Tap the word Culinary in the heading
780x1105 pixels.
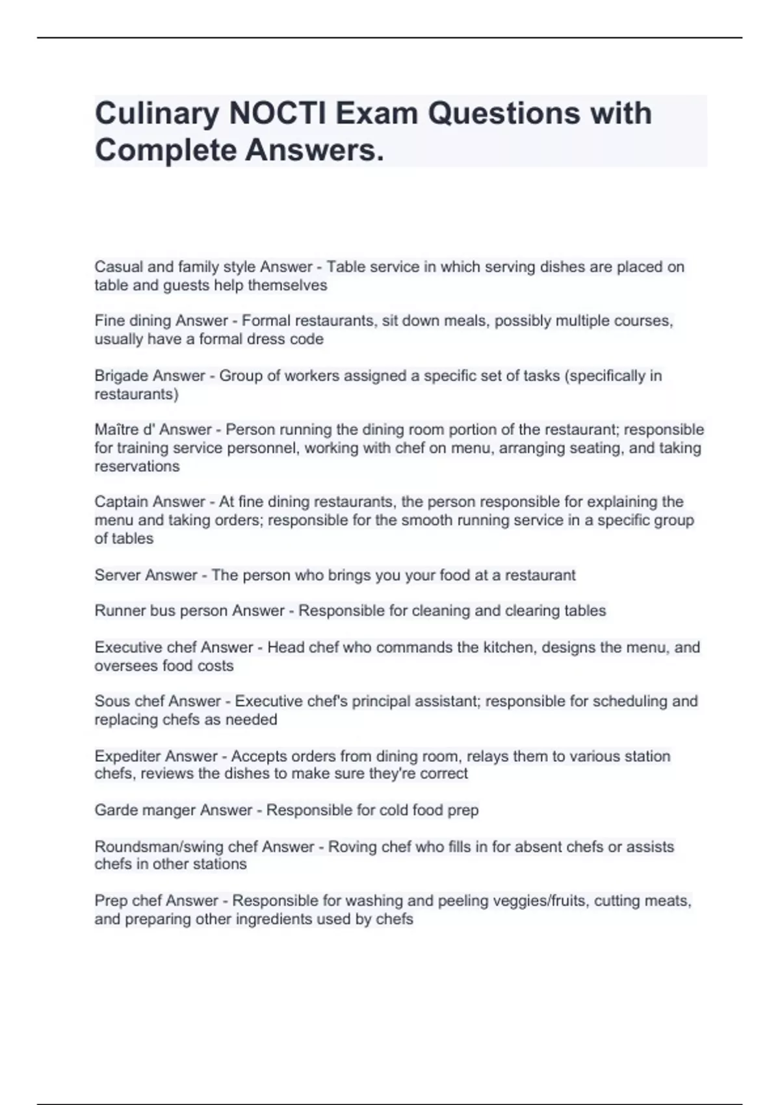point(157,114)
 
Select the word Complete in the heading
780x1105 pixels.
point(165,151)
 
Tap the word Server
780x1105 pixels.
point(114,575)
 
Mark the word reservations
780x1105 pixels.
point(136,467)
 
